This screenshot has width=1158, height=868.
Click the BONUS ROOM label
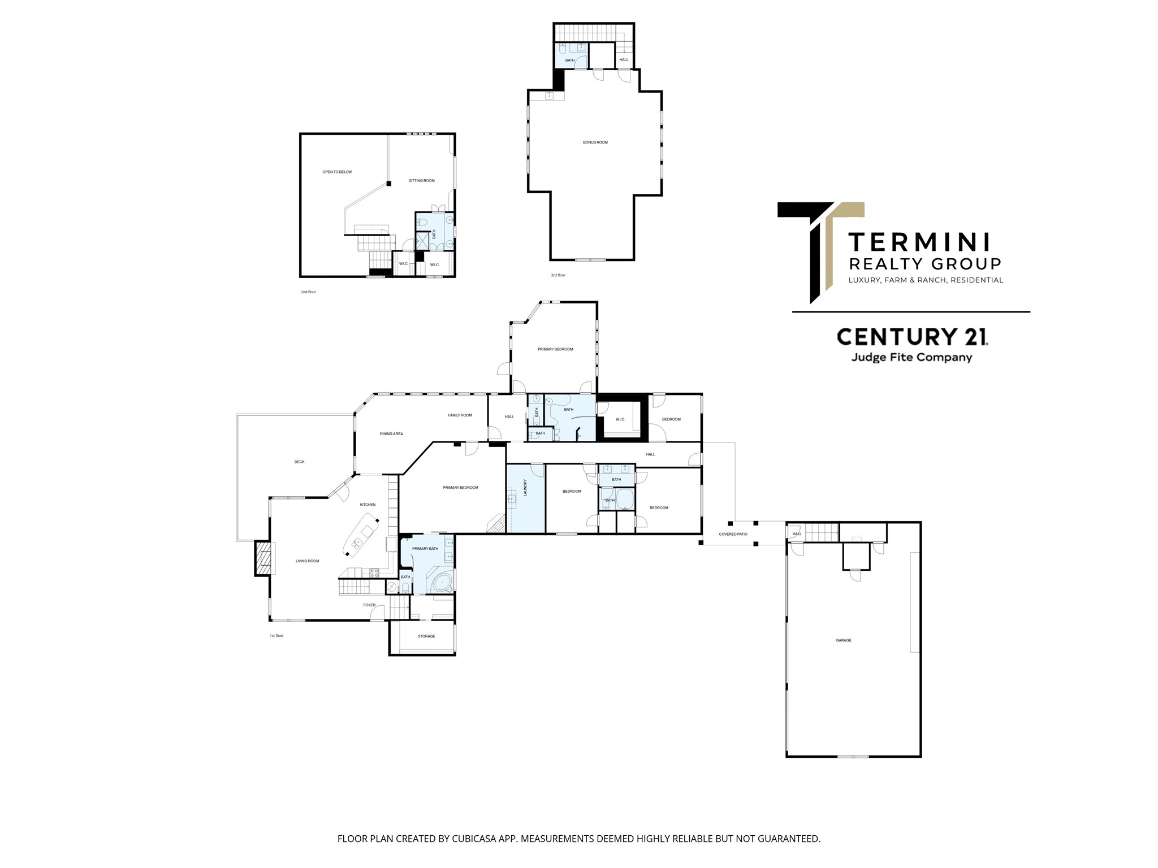[595, 142]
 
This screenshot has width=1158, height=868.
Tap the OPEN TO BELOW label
[337, 172]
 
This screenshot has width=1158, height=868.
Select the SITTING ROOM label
[422, 181]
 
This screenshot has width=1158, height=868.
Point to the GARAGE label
[844, 640]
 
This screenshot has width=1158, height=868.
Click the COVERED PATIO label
[733, 534]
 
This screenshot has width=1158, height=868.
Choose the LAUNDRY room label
[525, 488]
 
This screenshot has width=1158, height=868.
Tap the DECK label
[300, 462]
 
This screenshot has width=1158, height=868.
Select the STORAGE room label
[426, 636]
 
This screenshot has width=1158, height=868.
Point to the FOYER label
[369, 605]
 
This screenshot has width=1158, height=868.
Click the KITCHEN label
[368, 505]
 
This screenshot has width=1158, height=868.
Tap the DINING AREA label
[391, 434]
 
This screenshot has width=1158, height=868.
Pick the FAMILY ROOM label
[460, 415]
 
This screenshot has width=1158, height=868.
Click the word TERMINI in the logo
[919, 242]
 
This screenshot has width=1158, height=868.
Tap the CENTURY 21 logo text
[912, 336]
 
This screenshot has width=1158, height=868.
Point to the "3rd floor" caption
[558, 275]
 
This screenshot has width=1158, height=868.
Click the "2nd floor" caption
[308, 292]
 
